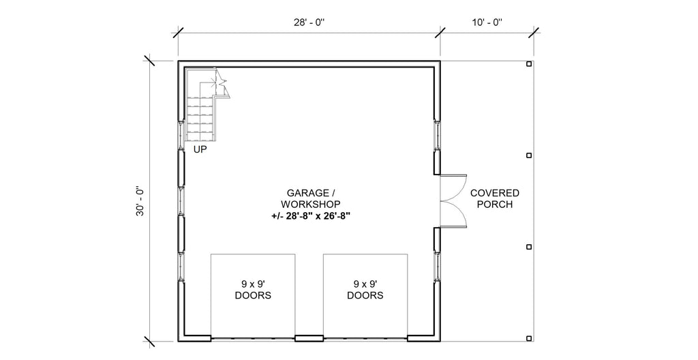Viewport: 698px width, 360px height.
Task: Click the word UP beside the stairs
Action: [x=200, y=149]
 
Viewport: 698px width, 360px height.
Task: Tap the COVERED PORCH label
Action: [x=495, y=198]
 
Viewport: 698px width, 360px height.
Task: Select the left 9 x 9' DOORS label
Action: [x=253, y=290]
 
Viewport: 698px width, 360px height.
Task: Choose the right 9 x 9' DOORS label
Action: [x=365, y=290]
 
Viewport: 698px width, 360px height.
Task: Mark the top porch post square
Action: [x=530, y=64]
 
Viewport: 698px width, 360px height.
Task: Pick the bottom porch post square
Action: [x=530, y=337]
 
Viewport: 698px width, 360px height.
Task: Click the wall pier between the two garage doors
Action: [x=309, y=337]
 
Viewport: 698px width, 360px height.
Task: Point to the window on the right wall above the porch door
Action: [x=436, y=136]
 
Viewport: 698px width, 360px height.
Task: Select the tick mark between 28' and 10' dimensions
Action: [x=440, y=32]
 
